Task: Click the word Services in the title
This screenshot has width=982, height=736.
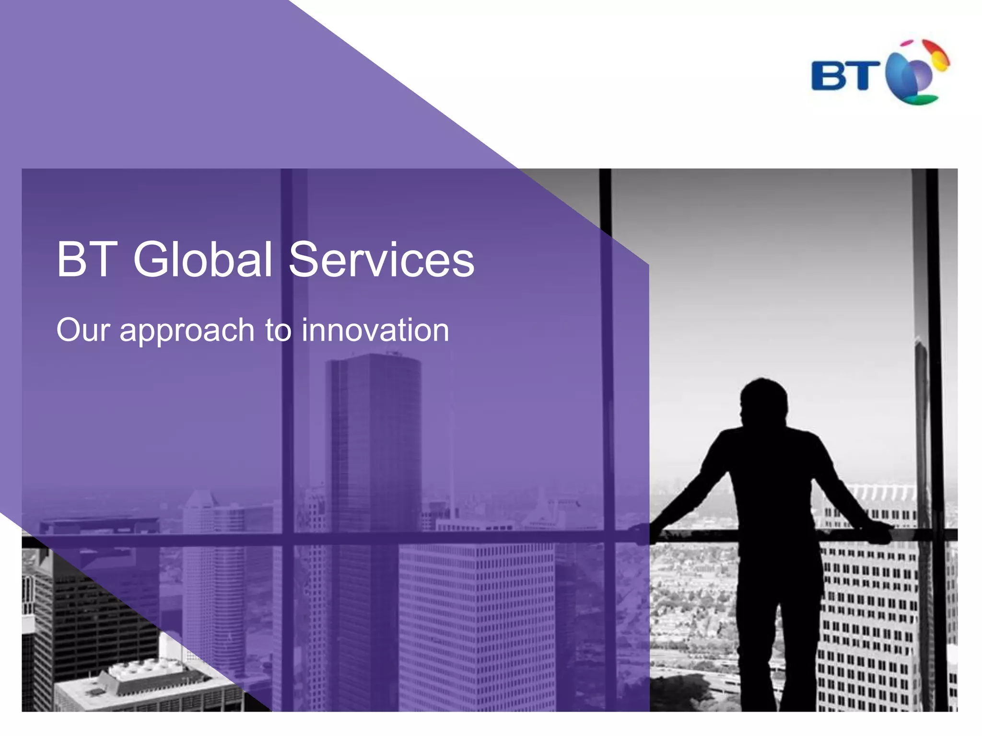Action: coord(381,259)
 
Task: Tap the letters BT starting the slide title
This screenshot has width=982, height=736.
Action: coord(87,259)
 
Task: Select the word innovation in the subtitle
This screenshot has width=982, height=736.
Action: coord(375,330)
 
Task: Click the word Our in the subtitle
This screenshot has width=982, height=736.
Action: coord(83,330)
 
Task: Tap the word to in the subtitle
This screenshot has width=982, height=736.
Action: coord(278,331)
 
